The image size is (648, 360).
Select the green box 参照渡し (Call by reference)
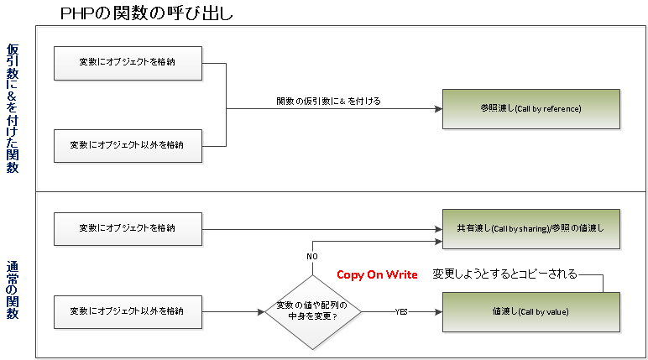pyautogui.click(x=530, y=109)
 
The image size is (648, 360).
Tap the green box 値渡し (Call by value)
pyautogui.click(x=530, y=312)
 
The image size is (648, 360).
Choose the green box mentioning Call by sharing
pyautogui.click(x=530, y=227)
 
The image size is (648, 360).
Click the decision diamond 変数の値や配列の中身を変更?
pyautogui.click(x=312, y=311)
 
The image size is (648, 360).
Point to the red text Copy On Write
pyautogui.click(x=377, y=274)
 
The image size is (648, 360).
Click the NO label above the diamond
pyautogui.click(x=312, y=256)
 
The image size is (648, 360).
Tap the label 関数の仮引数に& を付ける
pyautogui.click(x=329, y=101)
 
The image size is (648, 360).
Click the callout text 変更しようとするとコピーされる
pyautogui.click(x=504, y=274)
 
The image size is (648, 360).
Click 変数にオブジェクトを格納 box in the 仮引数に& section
pyautogui.click(x=128, y=61)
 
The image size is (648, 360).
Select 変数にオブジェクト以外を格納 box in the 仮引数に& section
pyautogui.click(x=128, y=145)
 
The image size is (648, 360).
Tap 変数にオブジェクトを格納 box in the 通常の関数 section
pyautogui.click(x=128, y=227)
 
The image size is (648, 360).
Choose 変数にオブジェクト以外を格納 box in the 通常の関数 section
pyautogui.click(x=128, y=311)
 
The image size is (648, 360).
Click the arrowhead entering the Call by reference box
pyautogui.click(x=437, y=109)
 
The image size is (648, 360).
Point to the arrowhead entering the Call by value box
pyautogui.click(x=437, y=312)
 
